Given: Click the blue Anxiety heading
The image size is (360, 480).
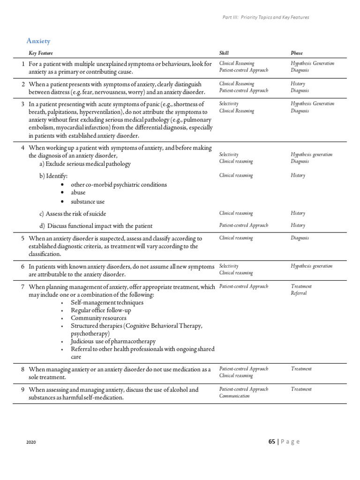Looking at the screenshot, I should pyautogui.click(x=38, y=41).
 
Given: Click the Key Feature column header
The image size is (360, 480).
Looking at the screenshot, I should pyautogui.click(x=44, y=53).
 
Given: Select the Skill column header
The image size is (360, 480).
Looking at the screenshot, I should pyautogui.click(x=224, y=53).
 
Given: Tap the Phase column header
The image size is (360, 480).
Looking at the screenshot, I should pyautogui.click(x=297, y=53).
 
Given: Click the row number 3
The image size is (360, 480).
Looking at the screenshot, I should pyautogui.click(x=23, y=104).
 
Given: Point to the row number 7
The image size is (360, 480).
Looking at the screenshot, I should pyautogui.click(x=23, y=286).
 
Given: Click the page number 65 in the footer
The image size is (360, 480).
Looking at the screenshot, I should pyautogui.click(x=272, y=442).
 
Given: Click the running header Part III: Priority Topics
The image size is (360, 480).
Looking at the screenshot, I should pyautogui.click(x=265, y=17).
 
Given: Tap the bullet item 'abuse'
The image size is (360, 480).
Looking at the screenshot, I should pyautogui.click(x=78, y=193).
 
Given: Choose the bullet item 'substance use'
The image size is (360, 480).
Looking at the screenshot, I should pyautogui.click(x=88, y=202).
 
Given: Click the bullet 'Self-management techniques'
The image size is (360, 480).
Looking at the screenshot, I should pyautogui.click(x=107, y=302).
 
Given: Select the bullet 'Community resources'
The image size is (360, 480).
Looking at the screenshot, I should pyautogui.click(x=98, y=318).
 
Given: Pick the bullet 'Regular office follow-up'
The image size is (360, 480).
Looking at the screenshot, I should pyautogui.click(x=101, y=310).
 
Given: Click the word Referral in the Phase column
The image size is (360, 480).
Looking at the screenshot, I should pyautogui.click(x=299, y=293).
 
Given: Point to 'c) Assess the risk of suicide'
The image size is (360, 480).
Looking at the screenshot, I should pyautogui.click(x=73, y=214).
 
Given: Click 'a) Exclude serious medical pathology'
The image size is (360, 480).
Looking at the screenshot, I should pyautogui.click(x=85, y=164).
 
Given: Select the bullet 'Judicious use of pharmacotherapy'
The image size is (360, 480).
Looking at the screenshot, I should pyautogui.click(x=113, y=341).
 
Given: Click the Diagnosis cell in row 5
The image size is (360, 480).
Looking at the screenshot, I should pyautogui.click(x=300, y=238).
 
